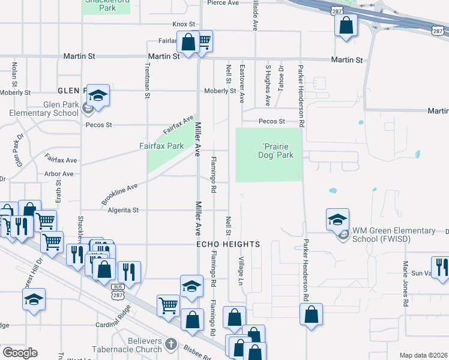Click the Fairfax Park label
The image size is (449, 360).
tap(161, 146)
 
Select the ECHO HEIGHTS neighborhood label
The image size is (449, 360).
tap(229, 245)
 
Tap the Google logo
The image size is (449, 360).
tap(20, 353)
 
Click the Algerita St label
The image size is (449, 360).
tap(123, 210)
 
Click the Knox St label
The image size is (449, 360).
tap(184, 24)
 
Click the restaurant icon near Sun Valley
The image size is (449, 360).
tap(441, 267)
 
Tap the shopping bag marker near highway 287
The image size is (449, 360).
tap(346, 25)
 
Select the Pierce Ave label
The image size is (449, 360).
tap(223, 2)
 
